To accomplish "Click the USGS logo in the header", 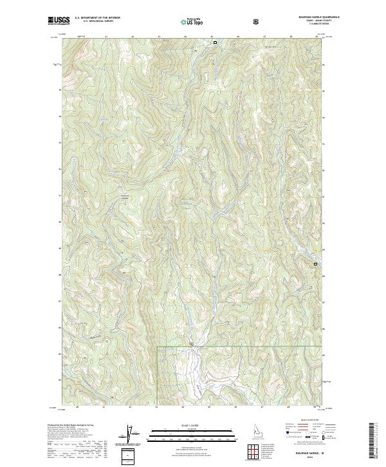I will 59,21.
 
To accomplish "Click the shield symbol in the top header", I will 257,21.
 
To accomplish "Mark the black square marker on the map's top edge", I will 215,43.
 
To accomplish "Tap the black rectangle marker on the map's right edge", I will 315,264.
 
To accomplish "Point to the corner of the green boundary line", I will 158,347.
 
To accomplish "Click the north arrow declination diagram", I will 128,435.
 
